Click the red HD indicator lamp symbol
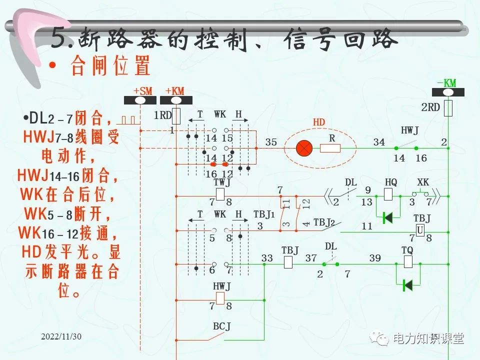(x=303, y=148)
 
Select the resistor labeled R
(x=330, y=148)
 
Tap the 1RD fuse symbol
(x=175, y=115)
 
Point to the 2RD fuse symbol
(x=448, y=107)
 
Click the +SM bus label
(x=142, y=91)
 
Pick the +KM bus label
(x=174, y=91)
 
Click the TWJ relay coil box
(x=220, y=194)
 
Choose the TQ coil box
(x=407, y=261)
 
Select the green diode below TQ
(x=407, y=285)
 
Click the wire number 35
(x=271, y=142)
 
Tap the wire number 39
(x=375, y=258)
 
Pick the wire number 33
(x=267, y=258)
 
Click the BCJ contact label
(x=221, y=326)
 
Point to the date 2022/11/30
(x=61, y=336)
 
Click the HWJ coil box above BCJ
(x=220, y=298)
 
